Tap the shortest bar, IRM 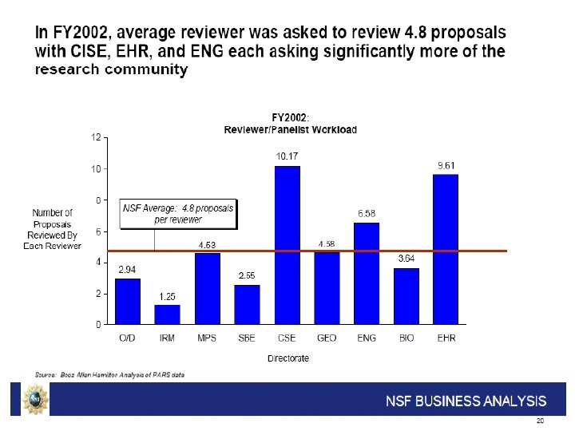point(167,314)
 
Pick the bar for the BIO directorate point(406,296)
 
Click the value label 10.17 point(287,156)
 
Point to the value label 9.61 point(446,165)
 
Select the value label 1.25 point(167,297)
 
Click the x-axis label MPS point(207,338)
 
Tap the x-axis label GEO point(327,338)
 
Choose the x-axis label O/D point(128,338)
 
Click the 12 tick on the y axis point(95,137)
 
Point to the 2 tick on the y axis point(97,294)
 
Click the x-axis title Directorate point(287,358)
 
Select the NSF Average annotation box point(177,212)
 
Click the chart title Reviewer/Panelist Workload point(290,129)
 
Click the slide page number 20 point(540,421)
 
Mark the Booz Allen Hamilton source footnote point(109,374)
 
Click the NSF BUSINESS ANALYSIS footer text point(466,401)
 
